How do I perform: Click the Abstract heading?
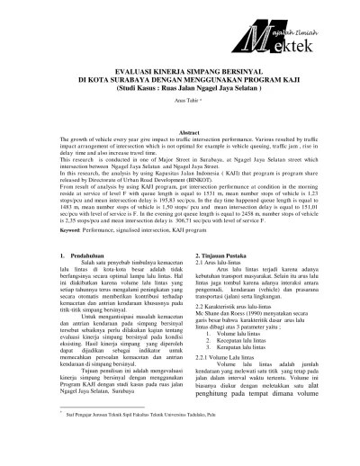point(180,132)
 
